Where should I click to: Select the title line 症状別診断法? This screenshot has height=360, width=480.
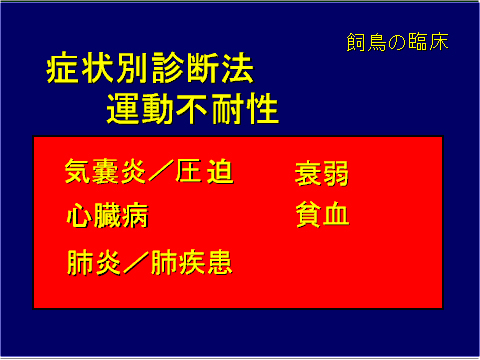(149, 72)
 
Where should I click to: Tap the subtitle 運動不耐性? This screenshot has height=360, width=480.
(192, 108)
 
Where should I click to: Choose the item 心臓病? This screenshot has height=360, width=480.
(107, 216)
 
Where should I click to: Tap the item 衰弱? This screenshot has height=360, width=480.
(321, 173)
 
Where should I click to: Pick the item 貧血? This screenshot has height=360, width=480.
(321, 215)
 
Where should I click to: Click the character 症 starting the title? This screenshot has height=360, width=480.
(62, 72)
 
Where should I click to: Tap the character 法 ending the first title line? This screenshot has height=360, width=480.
(237, 72)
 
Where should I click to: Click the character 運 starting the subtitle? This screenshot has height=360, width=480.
(122, 108)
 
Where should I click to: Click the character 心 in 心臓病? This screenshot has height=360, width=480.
(79, 216)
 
